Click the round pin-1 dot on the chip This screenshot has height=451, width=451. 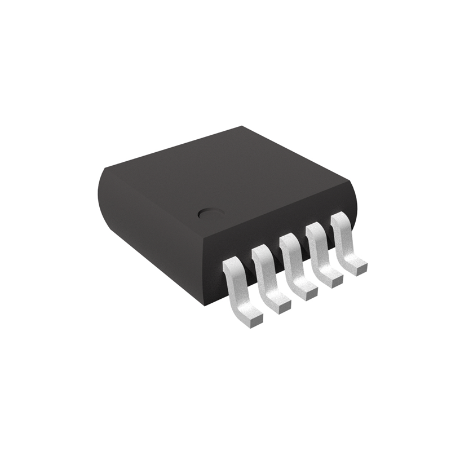tap(210, 214)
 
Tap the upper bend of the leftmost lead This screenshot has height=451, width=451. tap(232, 265)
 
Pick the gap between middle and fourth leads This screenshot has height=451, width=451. tap(304, 252)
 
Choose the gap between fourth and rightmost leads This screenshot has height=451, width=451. tap(329, 240)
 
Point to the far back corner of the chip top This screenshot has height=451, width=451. tap(241, 127)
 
